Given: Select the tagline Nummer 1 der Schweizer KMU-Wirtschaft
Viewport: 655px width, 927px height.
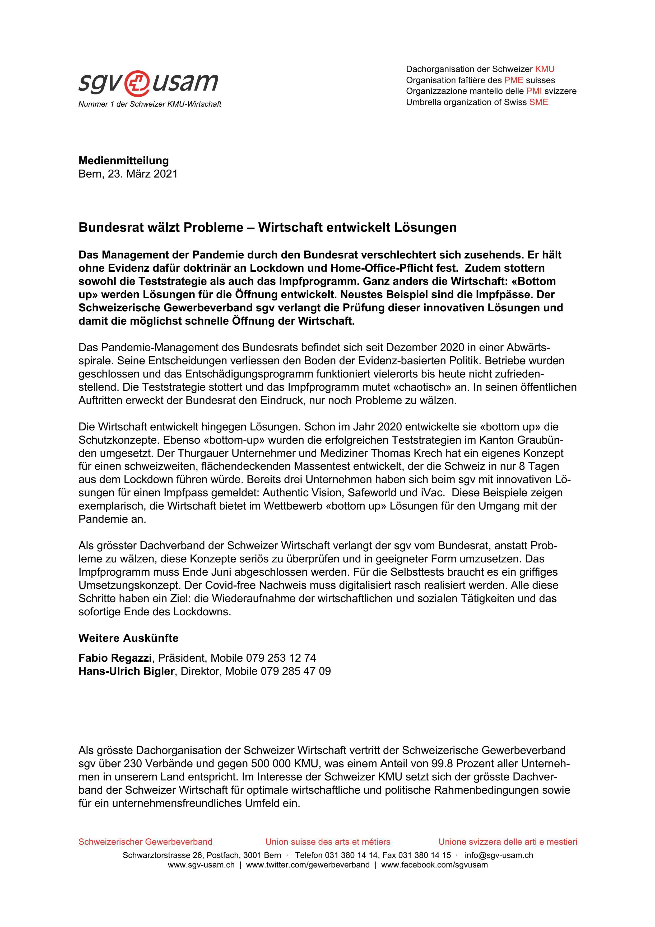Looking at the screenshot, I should (x=150, y=104).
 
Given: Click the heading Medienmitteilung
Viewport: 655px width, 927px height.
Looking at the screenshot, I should (x=123, y=161).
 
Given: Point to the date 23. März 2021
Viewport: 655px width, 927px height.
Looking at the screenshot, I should (x=142, y=174).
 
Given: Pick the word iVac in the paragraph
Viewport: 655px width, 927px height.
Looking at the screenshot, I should (x=432, y=493).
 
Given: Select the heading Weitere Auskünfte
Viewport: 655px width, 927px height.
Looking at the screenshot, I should (x=128, y=638).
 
